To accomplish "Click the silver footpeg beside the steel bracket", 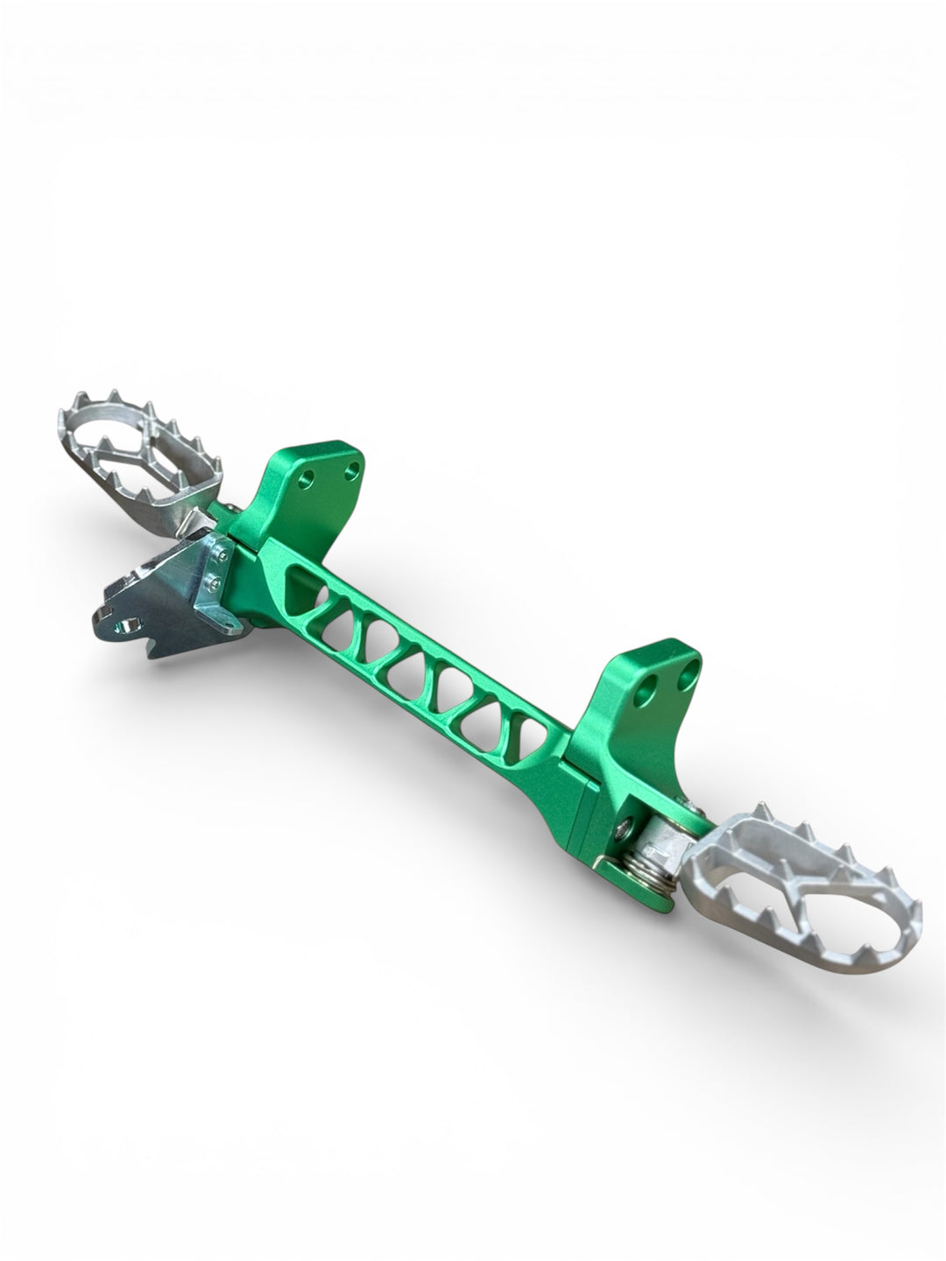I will coord(140,455).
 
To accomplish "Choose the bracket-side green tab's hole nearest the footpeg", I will coord(307,480).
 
